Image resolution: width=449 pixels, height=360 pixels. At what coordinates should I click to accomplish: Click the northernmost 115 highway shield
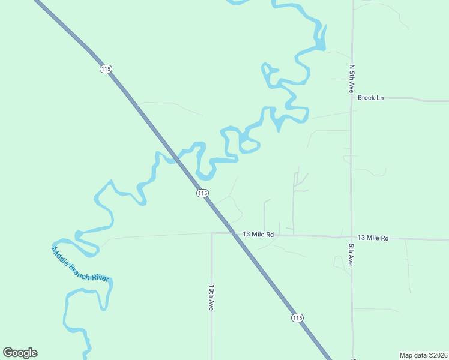pyautogui.click(x=106, y=69)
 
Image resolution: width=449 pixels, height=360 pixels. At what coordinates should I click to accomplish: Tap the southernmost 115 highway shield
pyautogui.click(x=297, y=317)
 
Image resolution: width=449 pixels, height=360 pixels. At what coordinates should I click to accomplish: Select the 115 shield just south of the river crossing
pyautogui.click(x=202, y=193)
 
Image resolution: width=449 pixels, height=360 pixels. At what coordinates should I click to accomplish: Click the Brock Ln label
pyautogui.click(x=370, y=98)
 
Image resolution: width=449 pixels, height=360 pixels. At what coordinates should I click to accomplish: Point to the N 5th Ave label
pyautogui.click(x=352, y=78)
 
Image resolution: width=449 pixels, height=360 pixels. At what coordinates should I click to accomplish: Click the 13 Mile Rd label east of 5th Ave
pyautogui.click(x=373, y=238)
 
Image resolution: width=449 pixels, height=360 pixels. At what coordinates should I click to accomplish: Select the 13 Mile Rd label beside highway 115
pyautogui.click(x=258, y=235)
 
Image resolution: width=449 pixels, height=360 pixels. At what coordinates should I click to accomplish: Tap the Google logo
pyautogui.click(x=20, y=353)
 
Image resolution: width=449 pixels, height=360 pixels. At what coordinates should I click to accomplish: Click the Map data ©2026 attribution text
pyautogui.click(x=424, y=355)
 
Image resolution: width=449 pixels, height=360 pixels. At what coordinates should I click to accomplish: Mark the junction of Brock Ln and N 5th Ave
pyautogui.click(x=352, y=98)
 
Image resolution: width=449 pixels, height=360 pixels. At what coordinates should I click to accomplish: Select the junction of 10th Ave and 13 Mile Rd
pyautogui.click(x=212, y=233)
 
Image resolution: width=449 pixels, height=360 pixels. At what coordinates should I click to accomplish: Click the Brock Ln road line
pyautogui.click(x=414, y=100)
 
